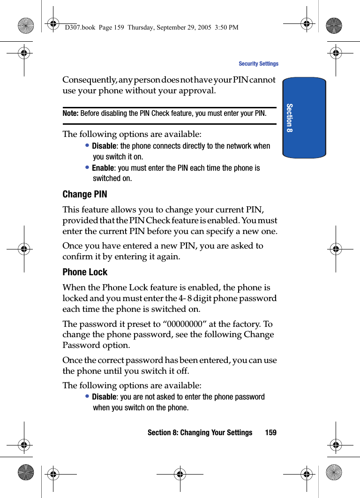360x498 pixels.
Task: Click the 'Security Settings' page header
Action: point(258,64)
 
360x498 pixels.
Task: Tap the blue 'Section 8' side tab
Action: point(304,118)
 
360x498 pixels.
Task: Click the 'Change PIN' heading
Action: point(85,194)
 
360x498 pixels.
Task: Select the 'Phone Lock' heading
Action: point(85,272)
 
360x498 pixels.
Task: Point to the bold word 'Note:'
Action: point(70,113)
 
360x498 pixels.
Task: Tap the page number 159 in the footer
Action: point(270,432)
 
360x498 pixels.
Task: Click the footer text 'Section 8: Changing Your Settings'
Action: point(200,432)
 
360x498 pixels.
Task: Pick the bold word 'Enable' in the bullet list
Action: point(103,168)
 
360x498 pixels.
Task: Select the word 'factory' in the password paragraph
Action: point(248,324)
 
